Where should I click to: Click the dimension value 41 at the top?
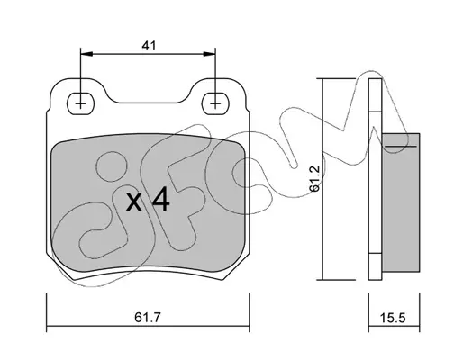pos(149,46)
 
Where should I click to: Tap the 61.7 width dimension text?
pos(148,318)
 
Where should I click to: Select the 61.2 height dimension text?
pos(314,178)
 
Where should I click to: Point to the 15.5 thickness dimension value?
pos(393,318)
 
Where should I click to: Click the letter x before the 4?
pos(134,202)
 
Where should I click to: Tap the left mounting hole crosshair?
pos(80,103)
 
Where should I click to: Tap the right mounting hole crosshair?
pos(215,103)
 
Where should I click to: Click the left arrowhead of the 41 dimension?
pos(86,54)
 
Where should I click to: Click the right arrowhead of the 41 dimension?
pos(209,54)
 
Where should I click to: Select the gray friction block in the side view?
pos(401,202)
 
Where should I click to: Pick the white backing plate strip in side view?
pos(376,179)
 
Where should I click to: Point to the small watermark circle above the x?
pos(112,166)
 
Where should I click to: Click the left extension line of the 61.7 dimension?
pos(47,312)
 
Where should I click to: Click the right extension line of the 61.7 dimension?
pos(250,312)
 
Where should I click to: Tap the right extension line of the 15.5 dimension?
pos(420,312)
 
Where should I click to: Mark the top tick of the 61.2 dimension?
pos(339,78)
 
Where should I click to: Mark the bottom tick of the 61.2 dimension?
pos(339,280)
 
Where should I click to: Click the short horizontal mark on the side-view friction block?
pos(401,146)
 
